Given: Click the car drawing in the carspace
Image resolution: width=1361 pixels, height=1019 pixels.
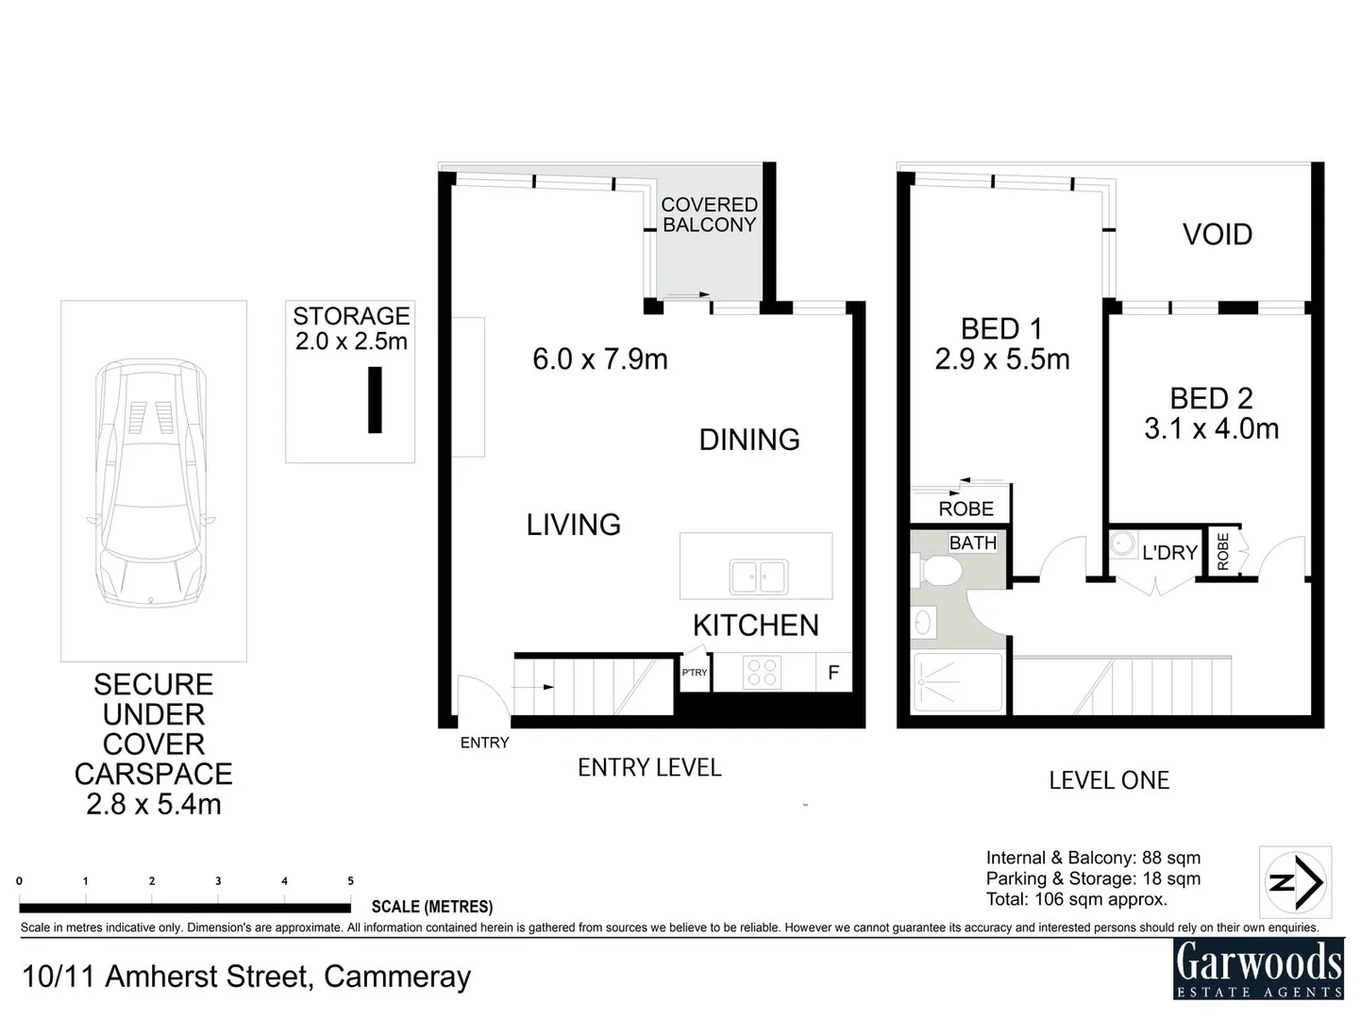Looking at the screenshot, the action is point(151,483).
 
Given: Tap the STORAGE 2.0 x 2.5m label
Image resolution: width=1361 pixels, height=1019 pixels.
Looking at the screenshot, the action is point(351,328).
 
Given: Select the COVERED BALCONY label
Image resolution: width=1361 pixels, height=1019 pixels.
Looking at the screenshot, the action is point(710,214).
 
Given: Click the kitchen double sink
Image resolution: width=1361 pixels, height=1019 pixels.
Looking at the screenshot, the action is point(758,576).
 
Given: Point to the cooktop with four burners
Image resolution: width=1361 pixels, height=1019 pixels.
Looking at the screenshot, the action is point(762,672).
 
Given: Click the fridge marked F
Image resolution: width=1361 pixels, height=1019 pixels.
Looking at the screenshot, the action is point(833,672).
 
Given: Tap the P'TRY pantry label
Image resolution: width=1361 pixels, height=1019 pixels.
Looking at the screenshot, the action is point(695,673).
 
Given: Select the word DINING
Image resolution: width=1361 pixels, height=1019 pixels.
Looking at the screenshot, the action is point(749,440).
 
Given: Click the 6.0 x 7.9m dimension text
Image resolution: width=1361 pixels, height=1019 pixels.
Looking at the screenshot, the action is point(599,359).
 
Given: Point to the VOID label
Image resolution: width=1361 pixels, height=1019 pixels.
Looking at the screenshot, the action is point(1218,235).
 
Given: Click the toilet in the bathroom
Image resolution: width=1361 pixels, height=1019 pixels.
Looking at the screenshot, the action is point(936,570).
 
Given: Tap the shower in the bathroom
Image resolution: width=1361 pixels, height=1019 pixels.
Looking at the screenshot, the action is point(958,682).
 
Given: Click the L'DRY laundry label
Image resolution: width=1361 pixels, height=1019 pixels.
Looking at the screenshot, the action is point(1169,552).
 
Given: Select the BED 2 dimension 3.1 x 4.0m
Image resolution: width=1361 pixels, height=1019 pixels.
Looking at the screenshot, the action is point(1211,429).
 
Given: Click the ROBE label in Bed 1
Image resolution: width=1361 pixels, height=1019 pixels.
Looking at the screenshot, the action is point(966,509).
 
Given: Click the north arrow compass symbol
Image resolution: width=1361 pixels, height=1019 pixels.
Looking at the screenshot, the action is point(1295,882).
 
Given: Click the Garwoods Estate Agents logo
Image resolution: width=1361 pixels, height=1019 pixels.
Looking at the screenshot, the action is point(1258,969).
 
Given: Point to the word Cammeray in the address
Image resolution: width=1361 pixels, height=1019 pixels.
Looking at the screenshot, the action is point(397,977).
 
